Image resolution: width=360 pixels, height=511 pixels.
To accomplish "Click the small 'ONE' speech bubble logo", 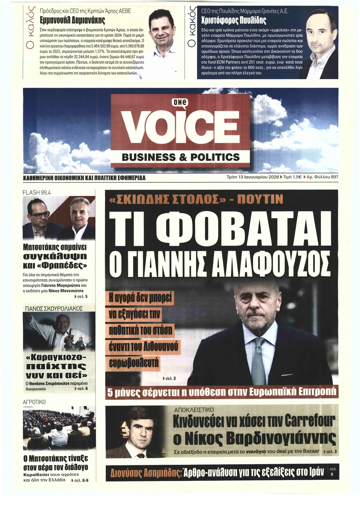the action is pos(181,102).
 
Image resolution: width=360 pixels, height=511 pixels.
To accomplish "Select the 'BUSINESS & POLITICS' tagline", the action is pos(181,157).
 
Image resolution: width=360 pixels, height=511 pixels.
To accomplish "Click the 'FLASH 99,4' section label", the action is pos(37,193).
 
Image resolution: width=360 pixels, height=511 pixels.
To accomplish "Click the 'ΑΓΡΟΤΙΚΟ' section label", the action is pos(34,402).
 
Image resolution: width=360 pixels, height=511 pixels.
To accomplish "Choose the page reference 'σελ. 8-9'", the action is pos(81,480).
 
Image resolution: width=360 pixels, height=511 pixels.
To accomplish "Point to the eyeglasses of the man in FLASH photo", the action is pos(40,215).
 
